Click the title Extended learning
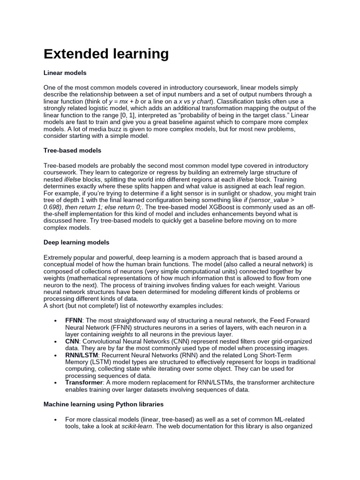point(106,54)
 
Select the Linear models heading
point(65,73)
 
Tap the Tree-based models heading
point(72,150)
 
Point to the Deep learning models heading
point(76,242)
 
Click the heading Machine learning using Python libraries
point(104,403)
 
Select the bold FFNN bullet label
point(74,320)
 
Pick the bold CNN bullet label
point(72,341)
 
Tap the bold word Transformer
point(84,382)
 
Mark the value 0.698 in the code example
point(52,206)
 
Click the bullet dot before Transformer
point(55,383)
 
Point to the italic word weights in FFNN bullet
point(122,334)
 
